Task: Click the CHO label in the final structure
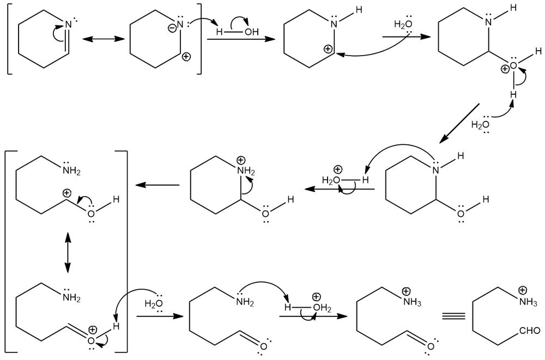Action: tap(530, 331)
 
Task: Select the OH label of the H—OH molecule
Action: tap(251, 32)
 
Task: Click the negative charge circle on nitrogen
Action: tap(172, 28)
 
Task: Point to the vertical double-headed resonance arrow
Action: tap(67, 253)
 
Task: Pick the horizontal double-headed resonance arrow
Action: tap(103, 39)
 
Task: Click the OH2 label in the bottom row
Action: tap(322, 308)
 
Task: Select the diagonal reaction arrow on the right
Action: tap(459, 123)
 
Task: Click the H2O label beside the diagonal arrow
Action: tap(480, 124)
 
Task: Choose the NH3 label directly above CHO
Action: tap(528, 302)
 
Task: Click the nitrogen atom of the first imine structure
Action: tap(68, 24)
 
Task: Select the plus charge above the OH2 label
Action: tap(316, 297)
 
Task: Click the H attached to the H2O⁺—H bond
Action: tap(365, 179)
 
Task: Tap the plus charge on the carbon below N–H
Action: tap(328, 49)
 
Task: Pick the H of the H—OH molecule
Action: tap(219, 32)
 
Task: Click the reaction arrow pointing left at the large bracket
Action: tap(158, 185)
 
